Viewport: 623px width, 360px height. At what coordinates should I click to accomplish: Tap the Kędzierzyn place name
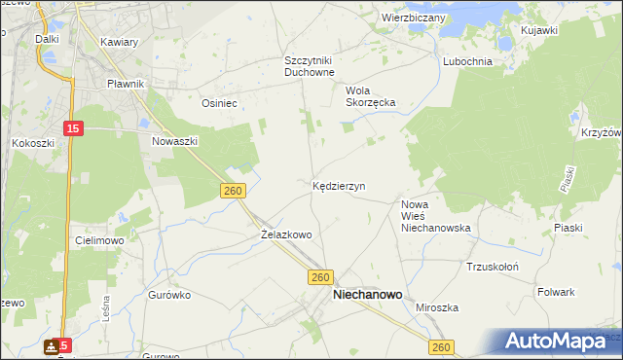pyautogui.click(x=339, y=185)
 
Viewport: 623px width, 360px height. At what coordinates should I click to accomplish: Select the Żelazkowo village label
pyautogui.click(x=286, y=234)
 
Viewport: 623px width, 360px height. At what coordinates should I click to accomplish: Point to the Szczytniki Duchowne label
pyautogui.click(x=310, y=66)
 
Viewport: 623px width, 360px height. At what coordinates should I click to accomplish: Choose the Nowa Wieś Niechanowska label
pyautogui.click(x=436, y=216)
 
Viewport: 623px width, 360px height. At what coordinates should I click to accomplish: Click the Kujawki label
pyautogui.click(x=538, y=31)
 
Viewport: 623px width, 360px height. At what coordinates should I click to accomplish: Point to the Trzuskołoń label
pyautogui.click(x=492, y=267)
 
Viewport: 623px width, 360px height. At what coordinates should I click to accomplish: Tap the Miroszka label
pyautogui.click(x=437, y=307)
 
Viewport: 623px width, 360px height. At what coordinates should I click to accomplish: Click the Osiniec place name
pyautogui.click(x=219, y=102)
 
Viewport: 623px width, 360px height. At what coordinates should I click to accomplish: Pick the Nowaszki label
pyautogui.click(x=175, y=141)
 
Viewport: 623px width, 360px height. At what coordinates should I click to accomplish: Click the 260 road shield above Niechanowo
pyautogui.click(x=323, y=277)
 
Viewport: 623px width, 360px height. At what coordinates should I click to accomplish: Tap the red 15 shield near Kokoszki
pyautogui.click(x=74, y=128)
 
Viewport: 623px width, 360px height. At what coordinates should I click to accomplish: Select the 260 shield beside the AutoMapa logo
pyautogui.click(x=443, y=347)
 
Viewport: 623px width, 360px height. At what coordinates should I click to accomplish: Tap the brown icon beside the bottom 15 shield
pyautogui.click(x=50, y=346)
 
